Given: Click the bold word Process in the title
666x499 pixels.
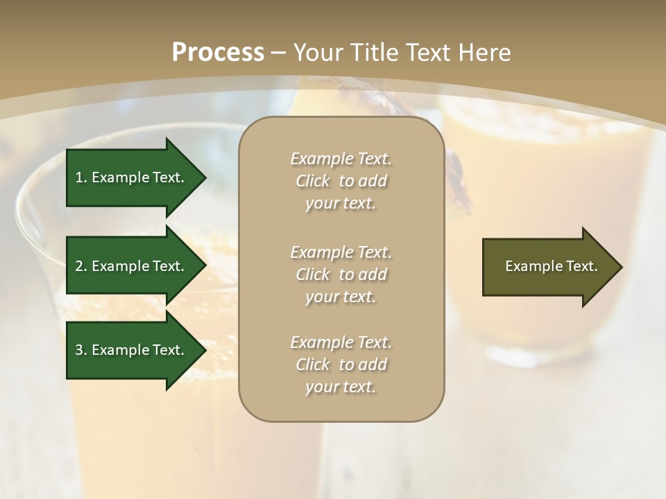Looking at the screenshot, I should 218,53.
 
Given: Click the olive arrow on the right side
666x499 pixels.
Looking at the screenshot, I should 548,267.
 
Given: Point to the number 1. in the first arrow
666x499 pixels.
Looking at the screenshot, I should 81,177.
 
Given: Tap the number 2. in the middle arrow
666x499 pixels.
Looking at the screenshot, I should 81,266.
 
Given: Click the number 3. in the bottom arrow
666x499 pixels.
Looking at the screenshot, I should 81,350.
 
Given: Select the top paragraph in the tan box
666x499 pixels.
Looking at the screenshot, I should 341,181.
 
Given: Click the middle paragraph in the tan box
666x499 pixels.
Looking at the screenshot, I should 341,274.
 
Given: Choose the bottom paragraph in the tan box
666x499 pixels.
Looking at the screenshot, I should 341,365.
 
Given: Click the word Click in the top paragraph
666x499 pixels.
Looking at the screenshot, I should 313,181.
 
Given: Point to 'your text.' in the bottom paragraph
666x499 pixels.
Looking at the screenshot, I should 341,387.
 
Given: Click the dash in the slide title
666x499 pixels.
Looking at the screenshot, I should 279,53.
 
